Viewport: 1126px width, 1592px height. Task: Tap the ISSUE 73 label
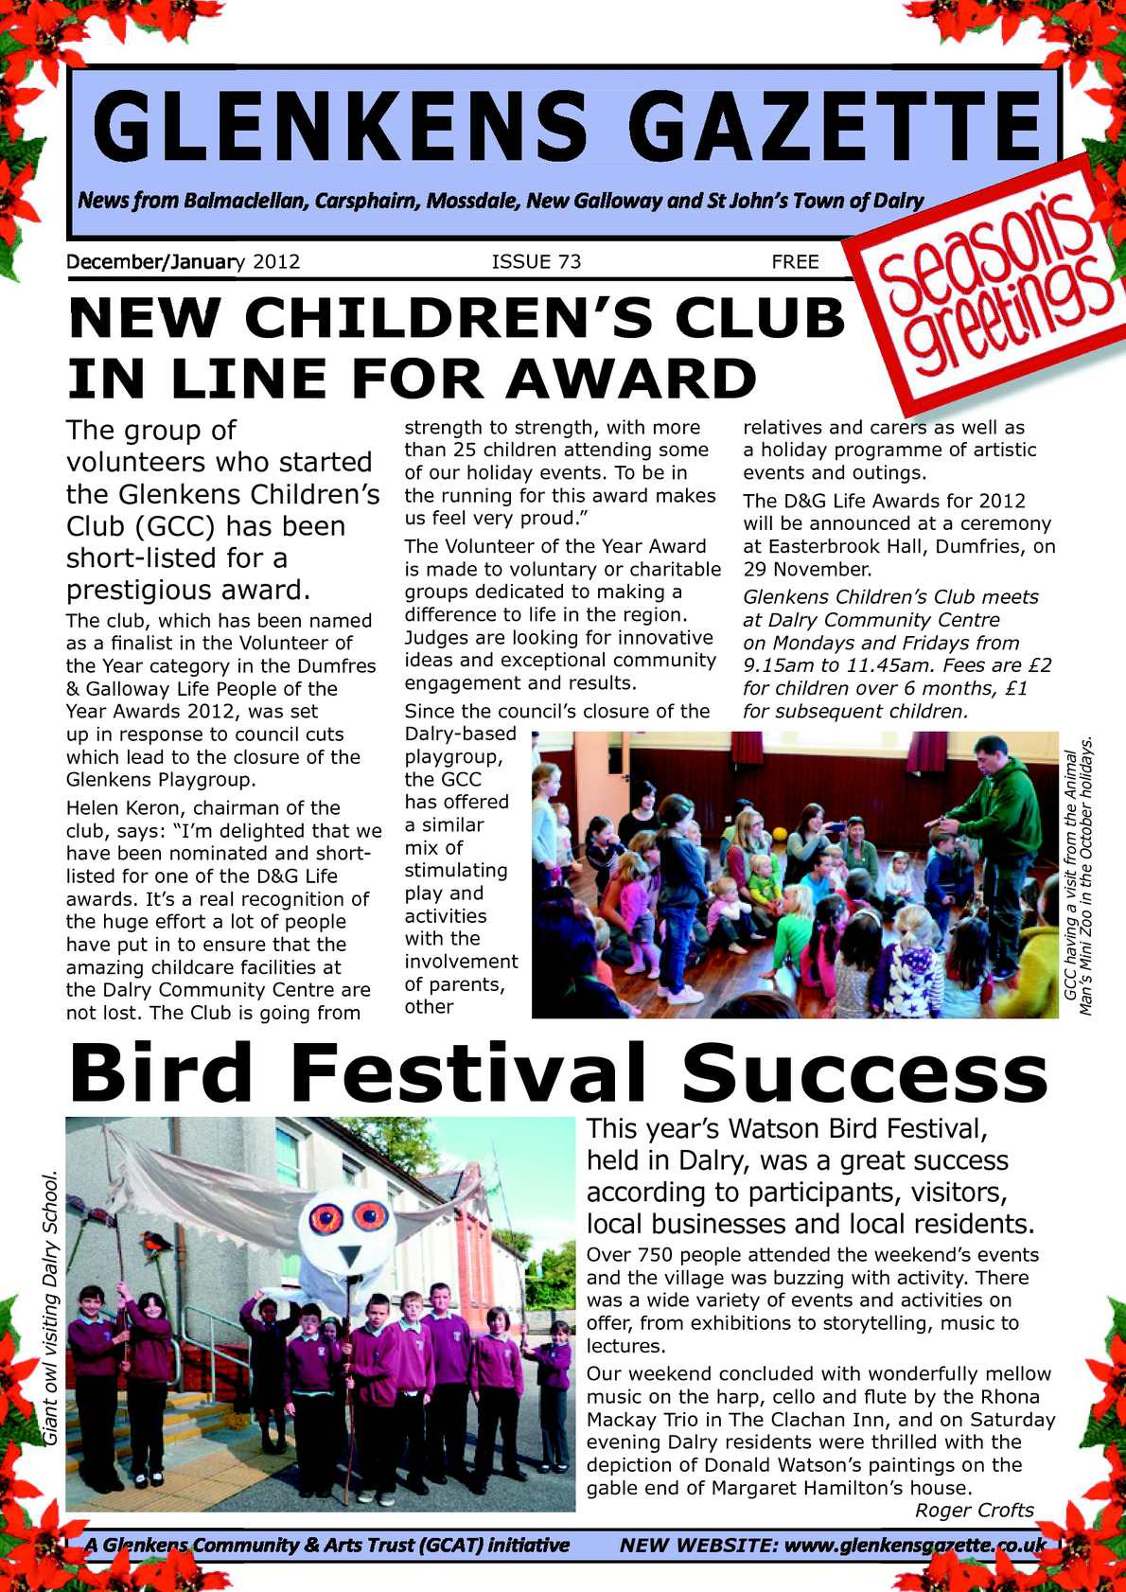click(536, 262)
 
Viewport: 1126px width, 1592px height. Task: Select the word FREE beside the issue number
click(795, 262)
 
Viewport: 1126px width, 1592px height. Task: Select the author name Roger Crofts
click(974, 1510)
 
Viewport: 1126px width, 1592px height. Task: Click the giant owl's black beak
click(350, 1255)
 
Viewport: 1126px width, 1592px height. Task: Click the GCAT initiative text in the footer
click(326, 1546)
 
